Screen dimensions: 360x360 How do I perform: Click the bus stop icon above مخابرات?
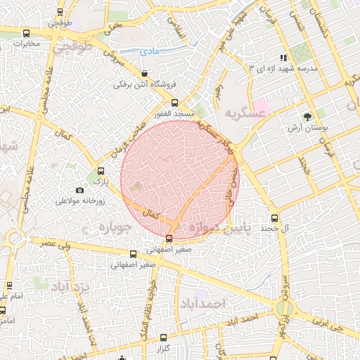[27, 33]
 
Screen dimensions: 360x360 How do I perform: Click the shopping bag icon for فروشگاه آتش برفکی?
[144, 73]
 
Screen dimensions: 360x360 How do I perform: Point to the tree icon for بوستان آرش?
[307, 117]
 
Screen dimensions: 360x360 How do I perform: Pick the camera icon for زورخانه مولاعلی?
[79, 190]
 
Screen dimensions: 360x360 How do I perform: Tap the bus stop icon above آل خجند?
[274, 218]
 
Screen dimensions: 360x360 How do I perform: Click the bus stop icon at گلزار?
[163, 337]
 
